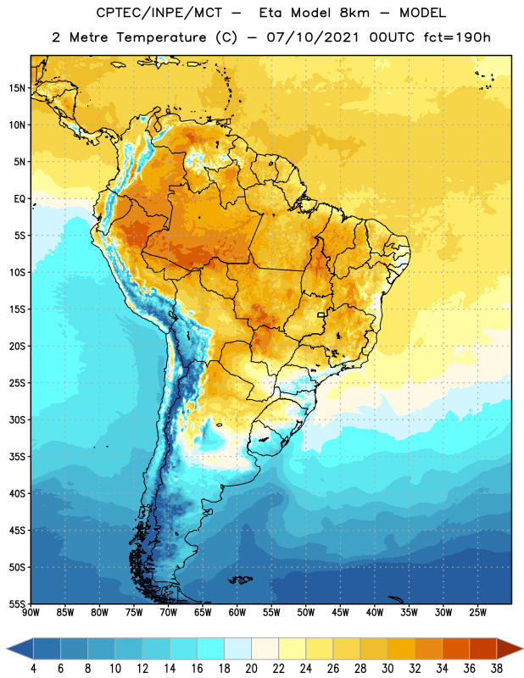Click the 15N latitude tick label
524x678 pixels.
17,88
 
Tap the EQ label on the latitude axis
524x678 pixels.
20,199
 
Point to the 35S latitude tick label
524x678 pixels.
17,457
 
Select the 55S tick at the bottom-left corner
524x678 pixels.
17,603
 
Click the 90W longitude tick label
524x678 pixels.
31,613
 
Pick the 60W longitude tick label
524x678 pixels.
237,613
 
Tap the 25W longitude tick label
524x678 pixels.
477,613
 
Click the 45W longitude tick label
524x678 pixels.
340,613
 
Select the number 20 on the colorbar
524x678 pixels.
251,669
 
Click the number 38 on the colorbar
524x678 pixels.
496,669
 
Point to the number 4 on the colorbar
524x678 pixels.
33,669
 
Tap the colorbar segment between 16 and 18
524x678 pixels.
211,648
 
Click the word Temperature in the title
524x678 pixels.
161,37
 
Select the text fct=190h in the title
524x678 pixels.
457,37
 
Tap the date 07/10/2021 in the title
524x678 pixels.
313,37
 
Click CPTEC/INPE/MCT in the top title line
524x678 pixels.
159,13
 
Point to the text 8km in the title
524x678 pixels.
354,13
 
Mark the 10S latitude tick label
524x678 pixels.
17,272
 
